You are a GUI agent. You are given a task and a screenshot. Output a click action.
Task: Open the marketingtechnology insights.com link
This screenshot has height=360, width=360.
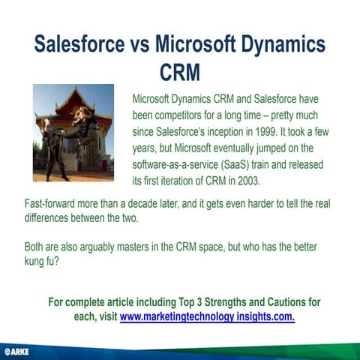point(207,316)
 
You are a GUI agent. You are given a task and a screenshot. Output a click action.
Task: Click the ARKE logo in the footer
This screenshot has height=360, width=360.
point(16,351)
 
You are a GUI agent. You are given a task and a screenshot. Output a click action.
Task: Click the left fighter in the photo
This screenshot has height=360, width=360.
point(53,146)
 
